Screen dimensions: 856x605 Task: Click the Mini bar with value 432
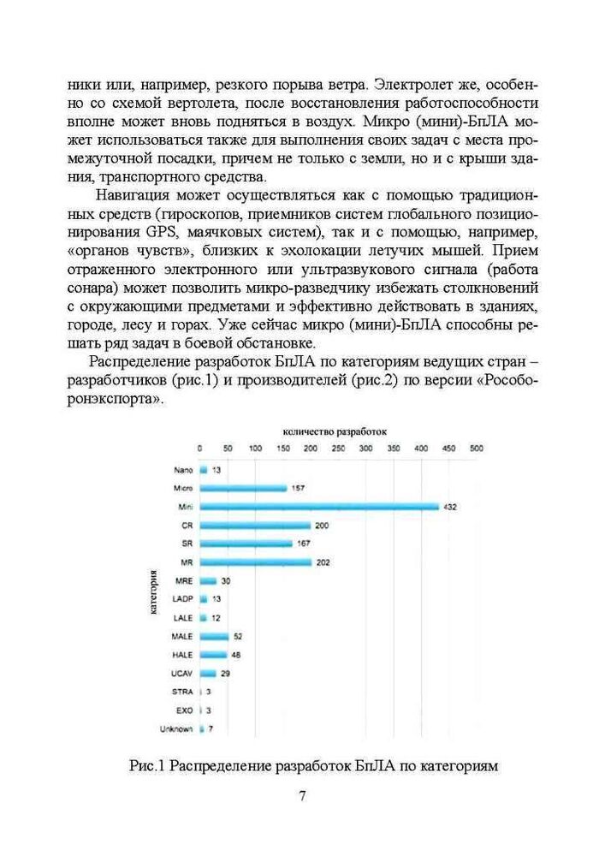tap(318, 507)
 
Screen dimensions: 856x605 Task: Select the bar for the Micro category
tap(243, 488)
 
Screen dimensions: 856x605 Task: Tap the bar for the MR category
tap(255, 562)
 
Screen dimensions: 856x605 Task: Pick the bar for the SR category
tap(246, 544)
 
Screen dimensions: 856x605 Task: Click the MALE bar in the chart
tap(214, 636)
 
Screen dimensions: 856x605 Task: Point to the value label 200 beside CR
tap(322, 525)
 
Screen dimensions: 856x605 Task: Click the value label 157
tap(298, 488)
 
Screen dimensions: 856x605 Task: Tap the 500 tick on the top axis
tap(476, 448)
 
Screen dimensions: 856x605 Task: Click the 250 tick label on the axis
tap(338, 448)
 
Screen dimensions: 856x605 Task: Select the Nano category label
tap(182, 470)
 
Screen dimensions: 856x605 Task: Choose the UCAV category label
tap(181, 674)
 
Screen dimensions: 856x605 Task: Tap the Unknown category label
tap(176, 729)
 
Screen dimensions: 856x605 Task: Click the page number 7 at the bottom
tap(302, 795)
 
